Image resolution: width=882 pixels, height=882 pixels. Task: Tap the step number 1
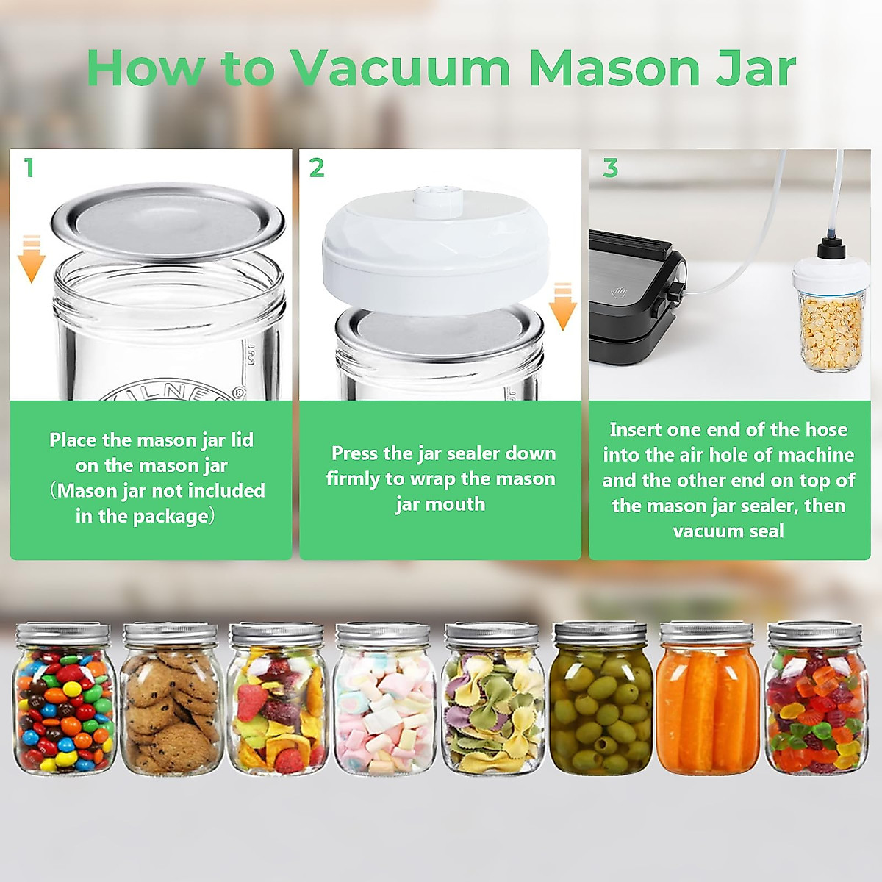tap(29, 168)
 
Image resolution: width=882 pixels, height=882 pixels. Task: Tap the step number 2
tap(317, 168)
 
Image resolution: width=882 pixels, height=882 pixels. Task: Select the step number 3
tap(610, 168)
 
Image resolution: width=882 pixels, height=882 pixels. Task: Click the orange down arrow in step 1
tap(31, 259)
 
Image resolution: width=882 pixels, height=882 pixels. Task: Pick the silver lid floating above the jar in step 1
tap(168, 220)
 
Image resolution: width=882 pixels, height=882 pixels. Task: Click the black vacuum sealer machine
tap(636, 294)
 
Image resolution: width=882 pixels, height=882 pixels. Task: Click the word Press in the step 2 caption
tap(355, 453)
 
